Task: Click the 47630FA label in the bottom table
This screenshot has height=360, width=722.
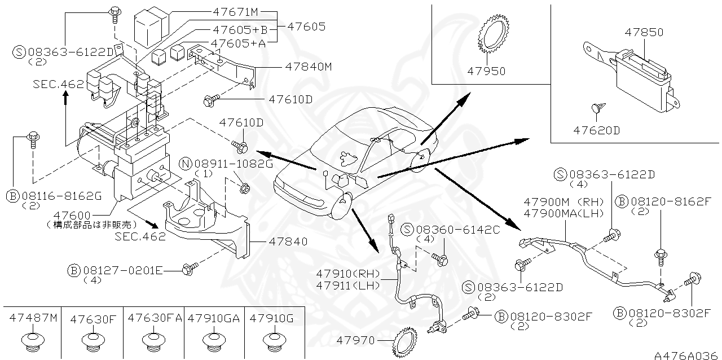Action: pyautogui.click(x=155, y=318)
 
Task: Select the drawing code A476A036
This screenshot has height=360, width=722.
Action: pyautogui.click(x=686, y=355)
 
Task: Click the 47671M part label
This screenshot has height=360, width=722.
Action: pyautogui.click(x=235, y=12)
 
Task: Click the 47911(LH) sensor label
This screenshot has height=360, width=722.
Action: pyautogui.click(x=348, y=286)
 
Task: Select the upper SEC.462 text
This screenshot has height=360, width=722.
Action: pyautogui.click(x=58, y=84)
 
